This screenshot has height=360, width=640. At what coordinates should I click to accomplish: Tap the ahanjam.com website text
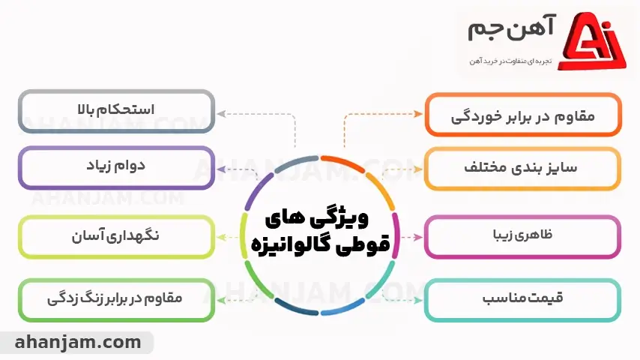pos(77,343)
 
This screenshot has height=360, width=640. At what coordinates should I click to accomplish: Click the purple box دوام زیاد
pos(116,167)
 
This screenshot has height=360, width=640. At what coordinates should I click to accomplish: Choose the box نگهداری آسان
pos(116,236)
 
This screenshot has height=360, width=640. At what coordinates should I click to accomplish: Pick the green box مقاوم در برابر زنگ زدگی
pos(116,300)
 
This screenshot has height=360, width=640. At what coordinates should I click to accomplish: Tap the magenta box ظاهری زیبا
pos(523,236)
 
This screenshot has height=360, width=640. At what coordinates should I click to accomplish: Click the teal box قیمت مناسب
pos(523,300)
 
